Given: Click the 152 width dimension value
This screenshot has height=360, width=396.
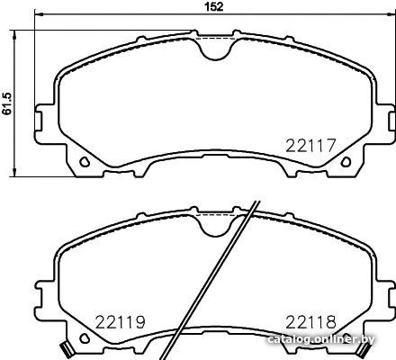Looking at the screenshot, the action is [x=214, y=6].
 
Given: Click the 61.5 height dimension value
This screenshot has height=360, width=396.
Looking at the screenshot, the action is [x=6, y=103].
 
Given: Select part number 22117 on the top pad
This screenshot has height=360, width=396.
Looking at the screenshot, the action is [x=310, y=146].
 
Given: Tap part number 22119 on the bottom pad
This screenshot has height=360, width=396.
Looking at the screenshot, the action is [x=121, y=322].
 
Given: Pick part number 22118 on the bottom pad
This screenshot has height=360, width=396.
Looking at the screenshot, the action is [x=310, y=322].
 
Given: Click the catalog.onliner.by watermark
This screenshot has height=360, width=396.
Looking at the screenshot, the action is [x=321, y=339].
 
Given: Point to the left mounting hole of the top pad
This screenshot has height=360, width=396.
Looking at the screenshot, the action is [x=85, y=162].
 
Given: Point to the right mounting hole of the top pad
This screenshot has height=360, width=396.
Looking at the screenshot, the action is [x=346, y=162].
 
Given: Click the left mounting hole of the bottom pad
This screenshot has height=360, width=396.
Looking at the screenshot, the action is [x=85, y=338].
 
